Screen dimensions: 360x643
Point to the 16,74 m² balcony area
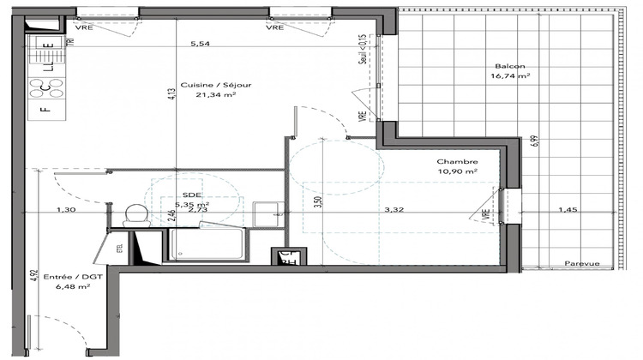(509, 76)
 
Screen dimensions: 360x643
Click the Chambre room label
(456, 162)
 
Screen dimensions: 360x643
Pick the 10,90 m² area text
(456, 171)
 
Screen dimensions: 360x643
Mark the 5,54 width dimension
(199, 43)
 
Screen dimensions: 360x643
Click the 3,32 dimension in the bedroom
(394, 209)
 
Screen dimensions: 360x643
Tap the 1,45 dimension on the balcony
(568, 209)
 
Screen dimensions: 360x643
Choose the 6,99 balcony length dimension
(533, 142)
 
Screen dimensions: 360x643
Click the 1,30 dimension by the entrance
(66, 209)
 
